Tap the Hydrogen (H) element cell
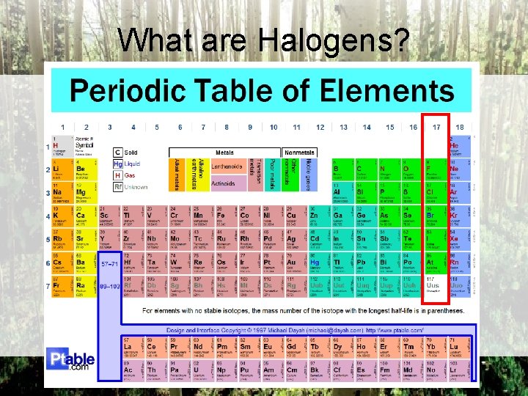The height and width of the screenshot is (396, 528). (62, 147)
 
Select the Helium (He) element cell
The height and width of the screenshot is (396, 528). (459, 147)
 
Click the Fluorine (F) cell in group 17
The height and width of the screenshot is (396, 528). (436, 171)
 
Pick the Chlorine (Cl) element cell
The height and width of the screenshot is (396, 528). (436, 194)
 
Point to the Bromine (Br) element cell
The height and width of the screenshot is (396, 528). (436, 217)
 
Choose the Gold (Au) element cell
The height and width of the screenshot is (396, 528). (296, 263)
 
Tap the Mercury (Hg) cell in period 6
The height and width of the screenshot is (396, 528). (319, 263)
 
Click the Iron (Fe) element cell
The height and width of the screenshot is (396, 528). (225, 217)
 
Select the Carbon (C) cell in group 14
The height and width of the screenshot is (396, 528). (366, 171)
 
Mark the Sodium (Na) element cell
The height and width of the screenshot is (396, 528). (62, 194)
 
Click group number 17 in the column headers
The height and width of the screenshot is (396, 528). (436, 127)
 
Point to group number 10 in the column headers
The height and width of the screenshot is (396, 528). (273, 127)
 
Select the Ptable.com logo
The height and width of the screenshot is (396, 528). (70, 361)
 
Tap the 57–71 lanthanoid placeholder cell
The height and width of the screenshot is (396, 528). (109, 263)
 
